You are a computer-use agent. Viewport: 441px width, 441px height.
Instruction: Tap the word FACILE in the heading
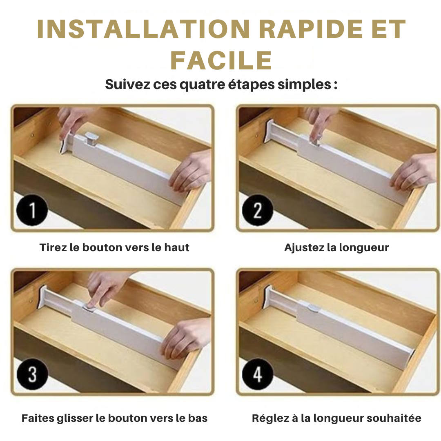pos(221,61)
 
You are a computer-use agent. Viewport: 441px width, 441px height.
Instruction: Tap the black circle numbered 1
pos(32,211)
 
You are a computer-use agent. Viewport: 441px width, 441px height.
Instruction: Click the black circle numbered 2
pos(257,211)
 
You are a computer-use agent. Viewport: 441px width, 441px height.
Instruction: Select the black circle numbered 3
pos(32,375)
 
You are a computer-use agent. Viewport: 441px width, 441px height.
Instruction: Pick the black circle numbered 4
pos(257,375)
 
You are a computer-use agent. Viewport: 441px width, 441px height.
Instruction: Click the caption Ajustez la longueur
pos(336,247)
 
